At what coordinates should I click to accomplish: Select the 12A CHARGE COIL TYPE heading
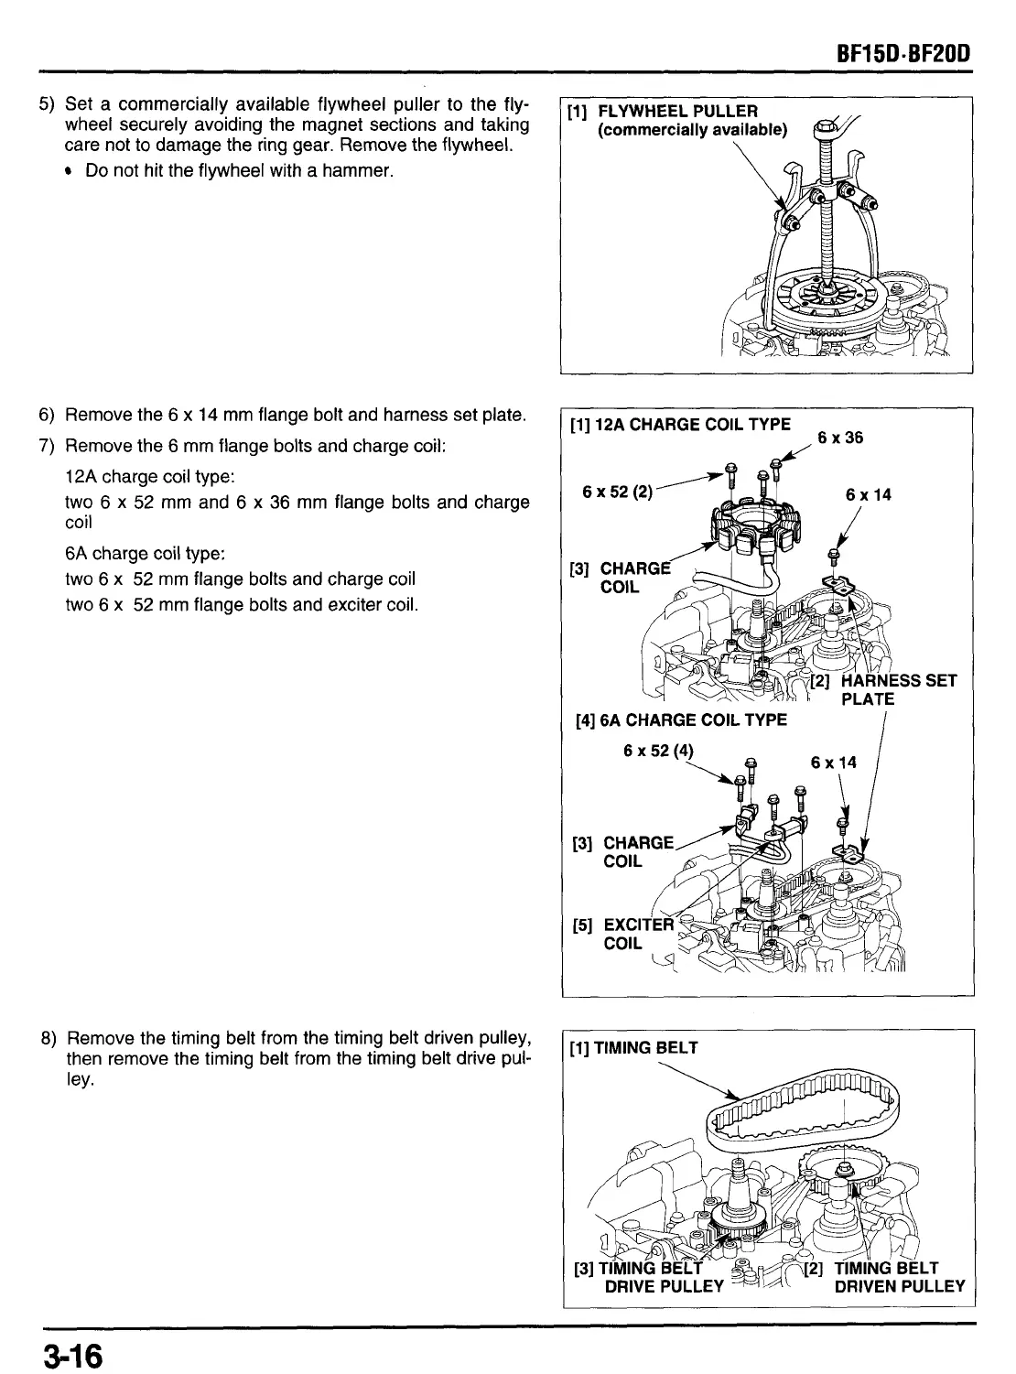click(x=680, y=425)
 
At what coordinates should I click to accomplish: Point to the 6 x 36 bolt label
click(x=840, y=438)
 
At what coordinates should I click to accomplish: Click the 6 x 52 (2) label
click(x=617, y=491)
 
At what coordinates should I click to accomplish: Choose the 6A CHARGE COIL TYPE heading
click(x=681, y=720)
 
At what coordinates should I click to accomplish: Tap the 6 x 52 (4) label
click(x=658, y=752)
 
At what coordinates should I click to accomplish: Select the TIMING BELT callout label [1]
click(x=633, y=1048)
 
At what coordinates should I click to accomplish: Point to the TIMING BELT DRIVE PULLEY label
click(x=650, y=1277)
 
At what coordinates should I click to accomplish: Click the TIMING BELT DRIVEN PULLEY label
click(x=887, y=1277)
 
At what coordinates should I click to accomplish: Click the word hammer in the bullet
click(x=360, y=170)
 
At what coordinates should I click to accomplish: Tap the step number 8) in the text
click(x=49, y=1038)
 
